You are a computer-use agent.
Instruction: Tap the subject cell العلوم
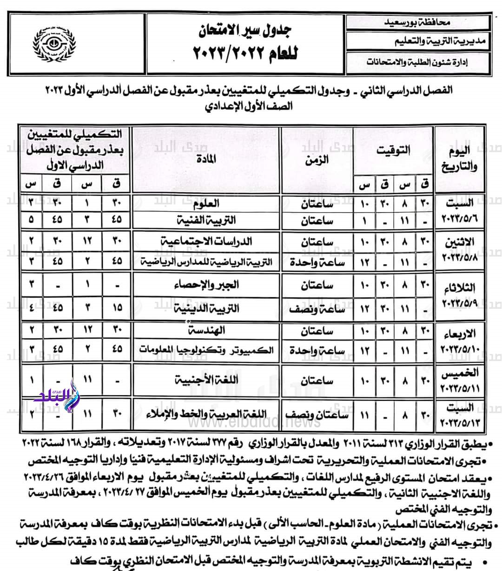tap(219, 204)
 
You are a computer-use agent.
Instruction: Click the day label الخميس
tap(458, 373)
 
